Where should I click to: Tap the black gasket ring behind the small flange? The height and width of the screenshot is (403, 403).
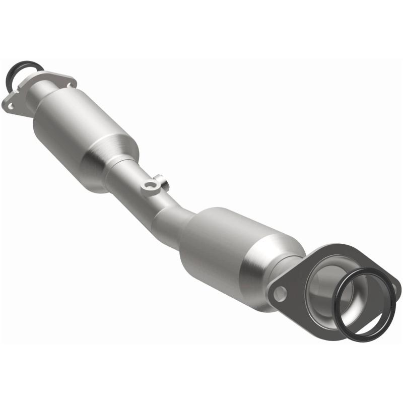pyautogui.click(x=15, y=70)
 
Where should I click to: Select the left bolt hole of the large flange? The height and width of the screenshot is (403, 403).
pyautogui.click(x=281, y=292)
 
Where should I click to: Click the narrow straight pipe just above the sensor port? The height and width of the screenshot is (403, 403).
pyautogui.click(x=128, y=176)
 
